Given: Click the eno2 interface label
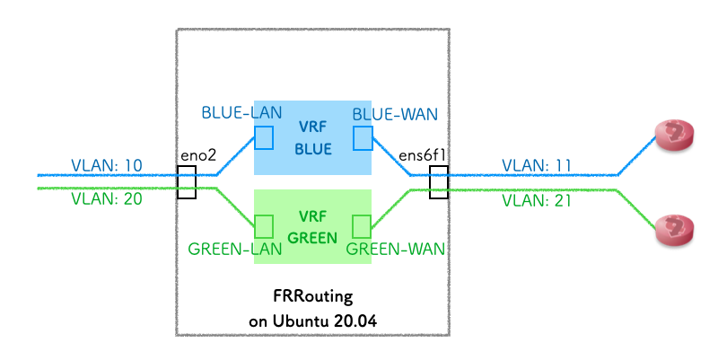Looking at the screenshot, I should click(198, 155).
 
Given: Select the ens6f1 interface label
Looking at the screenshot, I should click(423, 155).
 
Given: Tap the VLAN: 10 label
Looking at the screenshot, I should click(107, 166).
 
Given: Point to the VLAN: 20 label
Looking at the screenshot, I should click(107, 198).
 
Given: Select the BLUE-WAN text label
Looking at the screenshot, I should click(389, 114).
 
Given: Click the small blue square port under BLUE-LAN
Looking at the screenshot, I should click(265, 137).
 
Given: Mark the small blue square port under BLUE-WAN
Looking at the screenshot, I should click(362, 137).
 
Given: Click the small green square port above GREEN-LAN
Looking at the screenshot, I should click(265, 225).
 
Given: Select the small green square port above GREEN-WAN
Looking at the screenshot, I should click(362, 225).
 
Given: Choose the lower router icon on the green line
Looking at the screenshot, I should click(675, 230).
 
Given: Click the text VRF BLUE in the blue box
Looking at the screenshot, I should click(313, 137).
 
